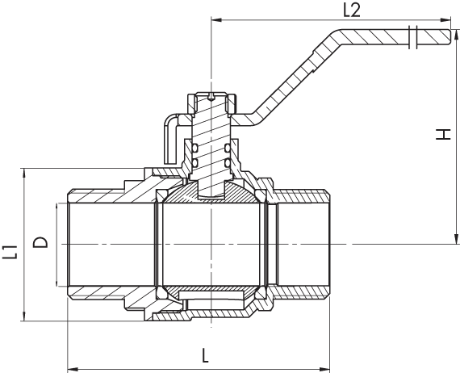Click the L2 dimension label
tap(351, 10)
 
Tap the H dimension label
tap(443, 134)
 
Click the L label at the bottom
tap(205, 356)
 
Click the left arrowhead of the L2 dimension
tap(216, 19)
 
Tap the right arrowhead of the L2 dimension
tap(445, 19)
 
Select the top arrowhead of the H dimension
tap(456, 35)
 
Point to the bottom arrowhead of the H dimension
tap(456, 239)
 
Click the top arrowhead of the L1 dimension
tap(24, 174)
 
